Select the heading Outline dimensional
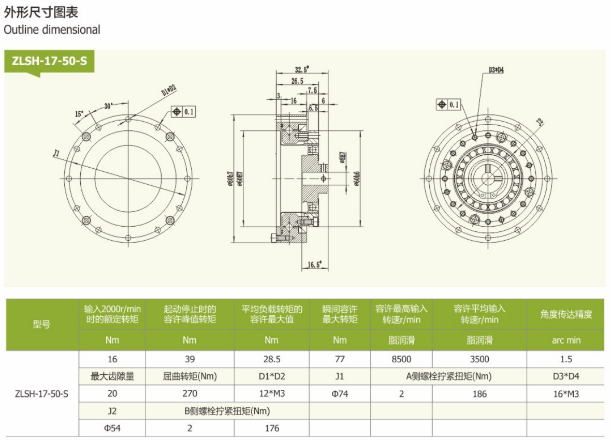click(x=52, y=30)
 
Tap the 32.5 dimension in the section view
click(x=301, y=69)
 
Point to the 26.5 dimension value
click(x=297, y=81)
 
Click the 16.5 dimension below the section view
click(x=315, y=264)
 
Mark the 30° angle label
click(x=108, y=105)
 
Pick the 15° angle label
click(x=79, y=113)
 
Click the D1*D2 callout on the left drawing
click(x=169, y=91)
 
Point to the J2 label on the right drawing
click(x=540, y=123)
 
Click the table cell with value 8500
click(x=402, y=359)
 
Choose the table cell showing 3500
click(x=479, y=359)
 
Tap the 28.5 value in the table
click(x=271, y=359)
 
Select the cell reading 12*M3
click(x=271, y=393)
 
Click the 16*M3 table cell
click(x=565, y=393)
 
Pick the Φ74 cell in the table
click(x=340, y=393)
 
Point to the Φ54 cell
click(x=112, y=428)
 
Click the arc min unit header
click(x=566, y=340)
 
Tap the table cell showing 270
click(x=190, y=393)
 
